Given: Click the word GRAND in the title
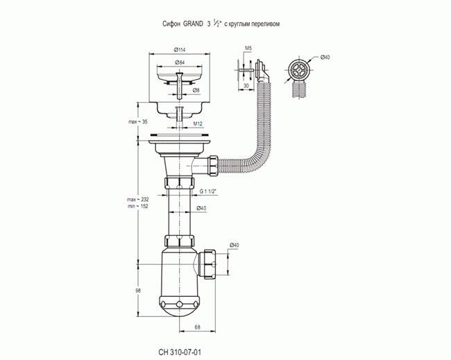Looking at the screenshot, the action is (193, 24).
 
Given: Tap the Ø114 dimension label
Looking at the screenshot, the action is (180, 50).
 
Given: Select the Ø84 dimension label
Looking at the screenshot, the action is (180, 62).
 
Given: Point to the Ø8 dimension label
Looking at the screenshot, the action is (196, 90).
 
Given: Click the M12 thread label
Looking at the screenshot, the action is (198, 123).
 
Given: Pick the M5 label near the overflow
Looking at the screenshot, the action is (248, 48).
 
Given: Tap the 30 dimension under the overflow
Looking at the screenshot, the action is (246, 86).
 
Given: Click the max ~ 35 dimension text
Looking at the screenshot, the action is (138, 121).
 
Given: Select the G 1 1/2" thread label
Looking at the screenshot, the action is (208, 191).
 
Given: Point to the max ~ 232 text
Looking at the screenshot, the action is (138, 199).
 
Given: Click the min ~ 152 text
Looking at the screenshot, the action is (138, 206).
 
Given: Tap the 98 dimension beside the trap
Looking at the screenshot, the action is (138, 291).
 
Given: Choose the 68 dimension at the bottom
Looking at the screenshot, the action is (197, 327).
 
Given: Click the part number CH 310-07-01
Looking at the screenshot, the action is (180, 352).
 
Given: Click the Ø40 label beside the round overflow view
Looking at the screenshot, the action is (325, 57).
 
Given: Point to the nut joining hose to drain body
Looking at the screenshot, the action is (214, 166).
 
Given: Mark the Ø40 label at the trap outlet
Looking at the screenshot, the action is (234, 245).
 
